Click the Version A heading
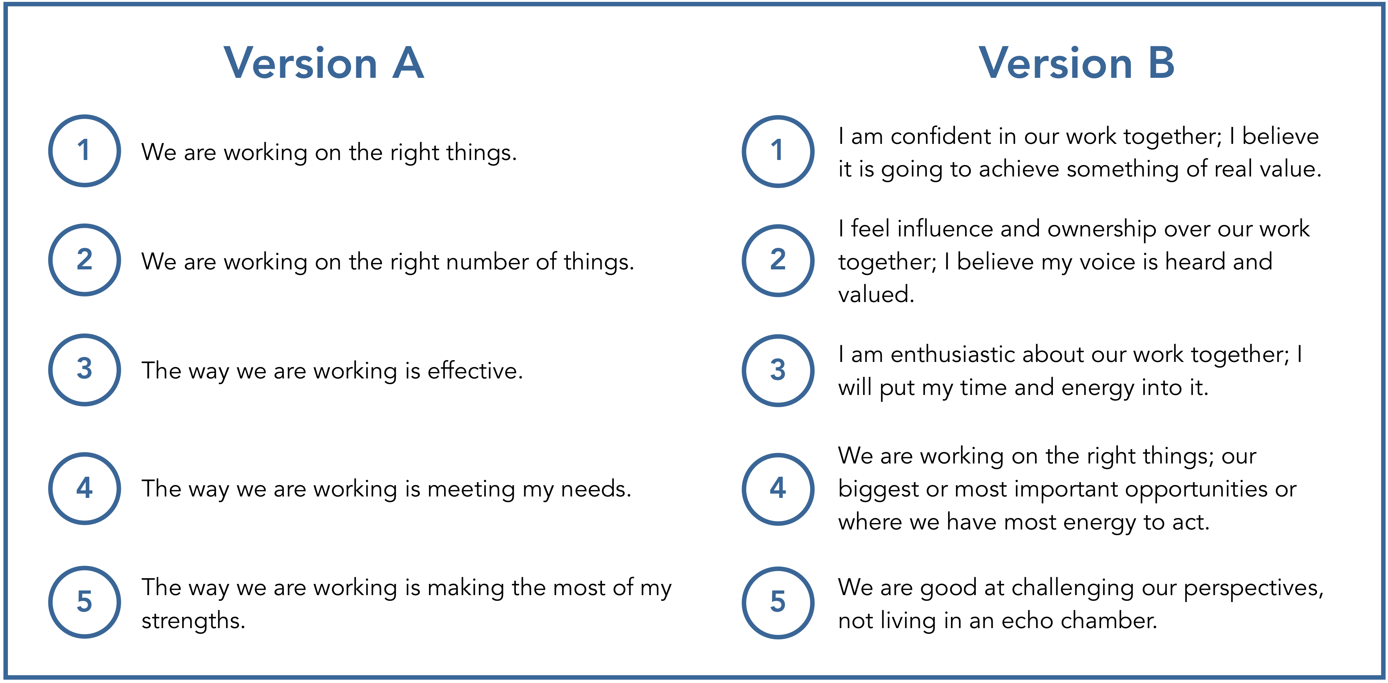[324, 63]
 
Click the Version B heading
[1077, 63]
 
